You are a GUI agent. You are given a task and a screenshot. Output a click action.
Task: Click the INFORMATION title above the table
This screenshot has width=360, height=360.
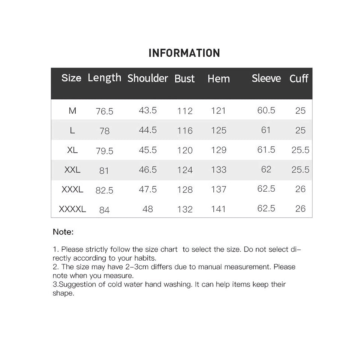tap(184, 53)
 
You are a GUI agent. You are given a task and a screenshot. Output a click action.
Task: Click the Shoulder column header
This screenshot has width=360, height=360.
tap(147, 78)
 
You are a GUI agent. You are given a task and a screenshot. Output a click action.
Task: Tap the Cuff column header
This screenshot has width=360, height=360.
tap(298, 78)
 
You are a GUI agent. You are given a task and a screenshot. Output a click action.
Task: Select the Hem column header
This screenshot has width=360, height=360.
tap(218, 79)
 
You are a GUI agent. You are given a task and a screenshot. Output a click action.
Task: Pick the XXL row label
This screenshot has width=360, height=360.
tap(72, 169)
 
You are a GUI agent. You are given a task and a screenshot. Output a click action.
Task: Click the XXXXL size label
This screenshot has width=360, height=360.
tap(72, 209)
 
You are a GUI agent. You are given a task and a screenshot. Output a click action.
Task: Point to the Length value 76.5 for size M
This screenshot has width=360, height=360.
tap(104, 111)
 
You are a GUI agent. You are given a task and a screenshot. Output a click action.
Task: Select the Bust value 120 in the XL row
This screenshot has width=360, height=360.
tap(185, 150)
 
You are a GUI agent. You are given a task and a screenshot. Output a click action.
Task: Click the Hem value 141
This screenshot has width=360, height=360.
tap(218, 209)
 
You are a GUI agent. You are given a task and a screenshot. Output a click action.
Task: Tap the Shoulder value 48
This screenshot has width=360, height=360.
tap(147, 209)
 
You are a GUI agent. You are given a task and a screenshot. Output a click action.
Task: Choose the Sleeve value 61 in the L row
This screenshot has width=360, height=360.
tap(266, 130)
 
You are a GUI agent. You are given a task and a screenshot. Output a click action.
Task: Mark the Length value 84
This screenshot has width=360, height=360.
tap(104, 210)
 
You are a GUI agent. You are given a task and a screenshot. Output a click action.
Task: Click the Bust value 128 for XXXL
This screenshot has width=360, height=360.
tap(185, 189)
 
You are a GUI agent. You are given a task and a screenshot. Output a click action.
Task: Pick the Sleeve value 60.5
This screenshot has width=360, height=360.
tap(266, 110)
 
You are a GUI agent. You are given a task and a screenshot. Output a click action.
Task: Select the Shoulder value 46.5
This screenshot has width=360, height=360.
tap(147, 169)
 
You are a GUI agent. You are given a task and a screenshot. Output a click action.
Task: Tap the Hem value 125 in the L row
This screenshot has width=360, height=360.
tap(218, 130)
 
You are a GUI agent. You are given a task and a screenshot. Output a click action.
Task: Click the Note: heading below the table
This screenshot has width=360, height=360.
tap(63, 232)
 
